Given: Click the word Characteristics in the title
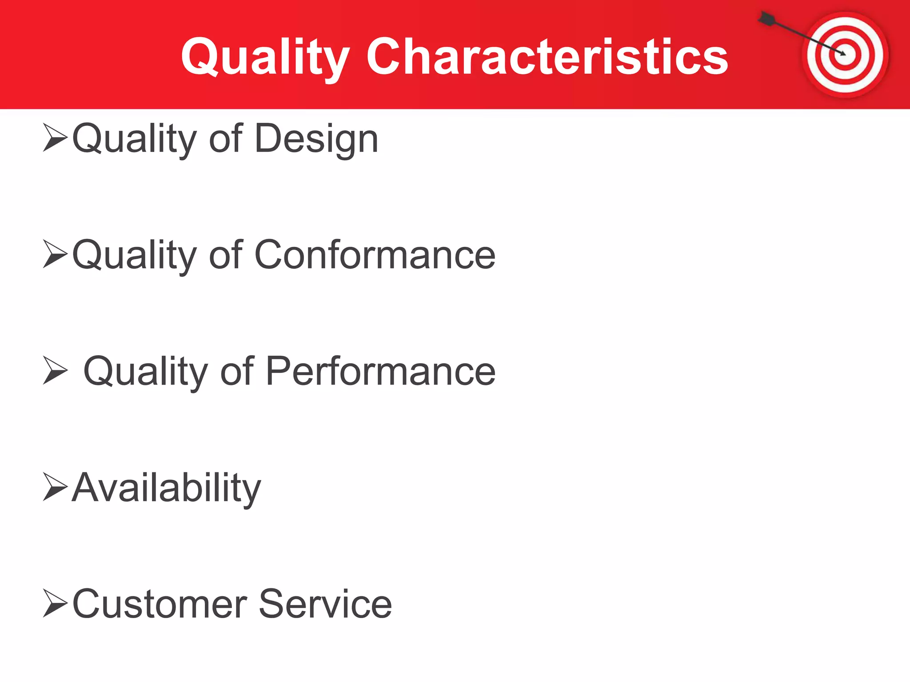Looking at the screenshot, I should tap(547, 57).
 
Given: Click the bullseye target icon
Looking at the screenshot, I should tap(845, 55).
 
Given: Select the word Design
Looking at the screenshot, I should tap(316, 139).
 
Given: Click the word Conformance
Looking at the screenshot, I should tap(375, 255).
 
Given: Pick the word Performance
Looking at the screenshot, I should tap(380, 372).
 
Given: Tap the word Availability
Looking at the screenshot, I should tap(167, 488).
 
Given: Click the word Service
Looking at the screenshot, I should tap(325, 604).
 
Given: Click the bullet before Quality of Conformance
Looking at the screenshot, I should tap(55, 254).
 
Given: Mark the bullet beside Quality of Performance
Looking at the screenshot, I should tap(55, 370).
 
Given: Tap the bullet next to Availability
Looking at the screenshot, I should tap(55, 487).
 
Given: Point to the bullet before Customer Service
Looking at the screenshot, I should tap(55, 603).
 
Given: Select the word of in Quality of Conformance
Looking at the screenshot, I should tap(226, 255).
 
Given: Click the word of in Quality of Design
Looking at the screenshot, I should tap(226, 139).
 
